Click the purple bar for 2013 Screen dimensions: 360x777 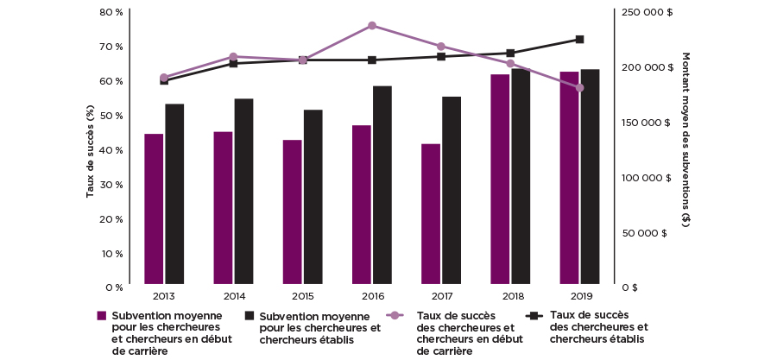click(154, 208)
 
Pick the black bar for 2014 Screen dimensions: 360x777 click(243, 191)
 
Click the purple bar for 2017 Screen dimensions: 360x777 click(431, 213)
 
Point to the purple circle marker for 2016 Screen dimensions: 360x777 click(372, 26)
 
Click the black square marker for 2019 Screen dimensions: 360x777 click(580, 39)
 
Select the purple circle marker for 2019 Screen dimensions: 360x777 click(580, 88)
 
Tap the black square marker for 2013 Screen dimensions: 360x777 click(164, 80)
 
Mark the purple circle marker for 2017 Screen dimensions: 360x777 click(441, 47)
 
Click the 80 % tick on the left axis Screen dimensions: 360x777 click(112, 12)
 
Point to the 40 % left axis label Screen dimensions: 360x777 click(112, 150)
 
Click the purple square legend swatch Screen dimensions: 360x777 click(102, 316)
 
